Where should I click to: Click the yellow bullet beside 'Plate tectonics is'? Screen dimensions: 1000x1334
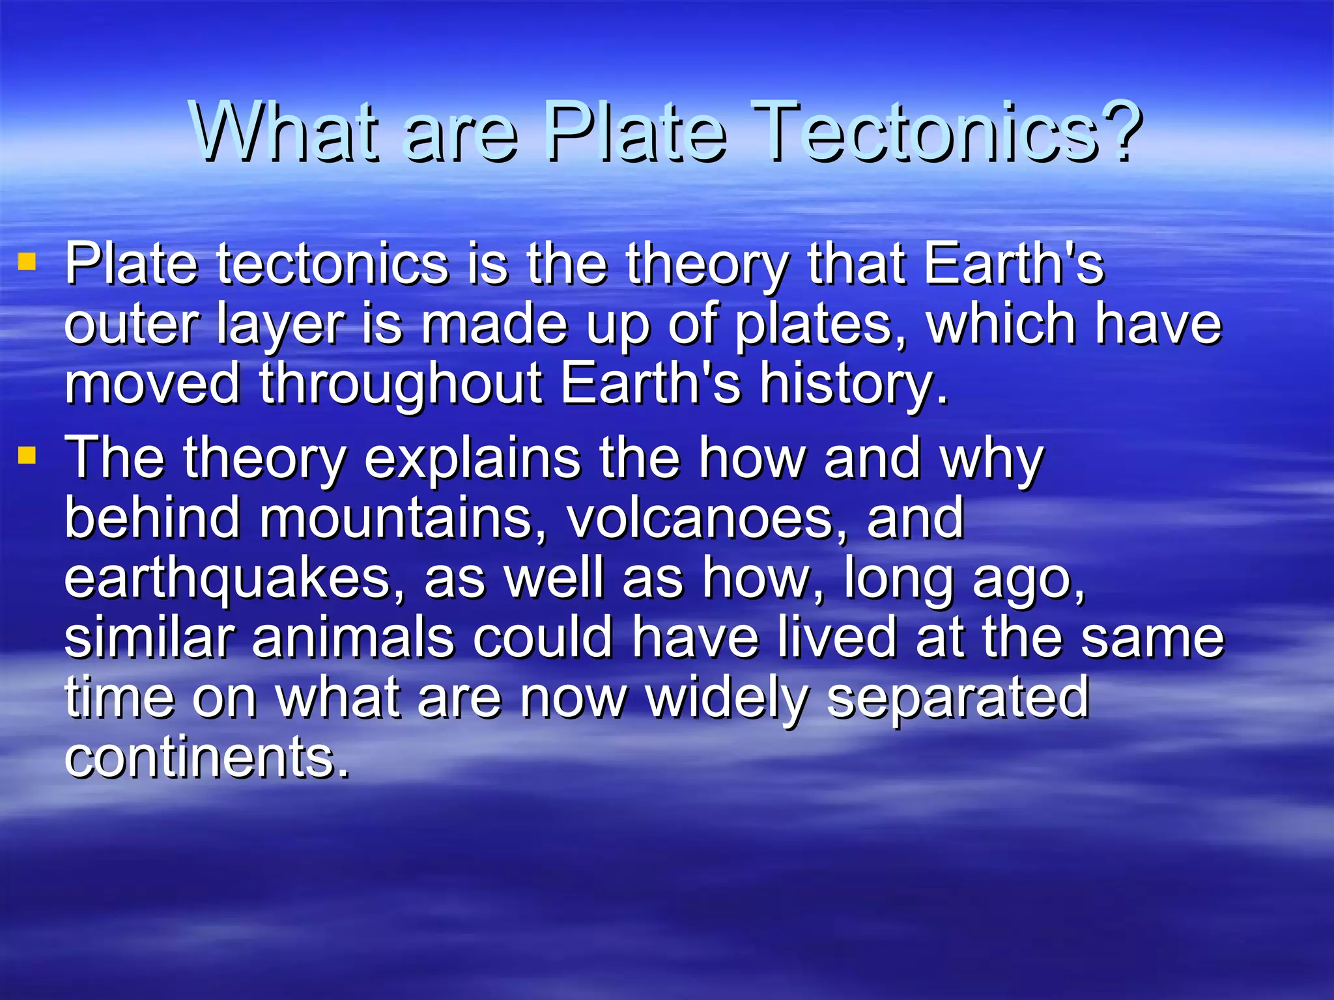click(x=27, y=262)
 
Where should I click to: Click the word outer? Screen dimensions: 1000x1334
click(x=131, y=326)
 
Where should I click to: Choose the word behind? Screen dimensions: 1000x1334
click(x=152, y=518)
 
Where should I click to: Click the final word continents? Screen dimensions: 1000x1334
click(x=207, y=758)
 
